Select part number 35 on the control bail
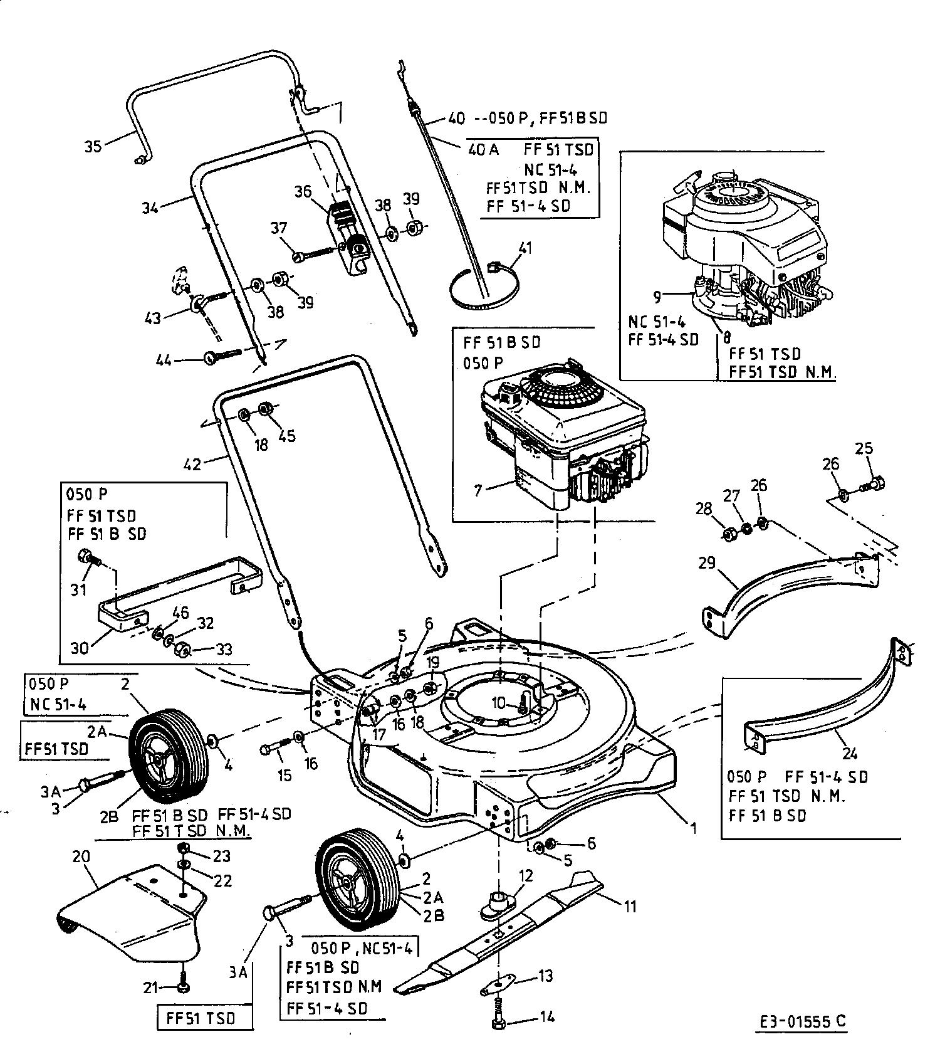pos(93,147)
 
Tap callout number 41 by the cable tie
pos(525,248)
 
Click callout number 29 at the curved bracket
pos(707,562)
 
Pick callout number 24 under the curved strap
pos(850,753)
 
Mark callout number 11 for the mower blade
pos(630,906)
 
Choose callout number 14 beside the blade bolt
pos(546,1016)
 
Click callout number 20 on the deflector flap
pos(81,856)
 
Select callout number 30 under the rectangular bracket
pos(80,648)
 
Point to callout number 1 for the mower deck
pos(694,828)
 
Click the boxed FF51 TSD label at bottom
pos(201,1018)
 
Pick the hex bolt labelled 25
pos(875,483)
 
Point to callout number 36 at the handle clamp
pos(303,191)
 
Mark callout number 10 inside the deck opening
pos(498,703)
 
